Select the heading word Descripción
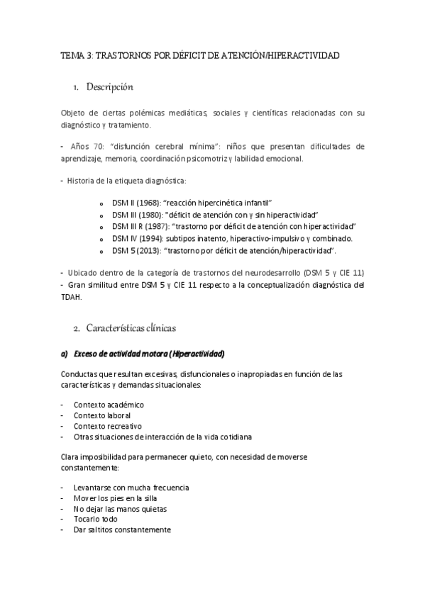(109, 87)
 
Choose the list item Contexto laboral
(101, 415)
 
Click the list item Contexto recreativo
(107, 426)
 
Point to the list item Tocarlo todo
(96, 519)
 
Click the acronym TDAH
(72, 298)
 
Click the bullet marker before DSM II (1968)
(103, 203)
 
